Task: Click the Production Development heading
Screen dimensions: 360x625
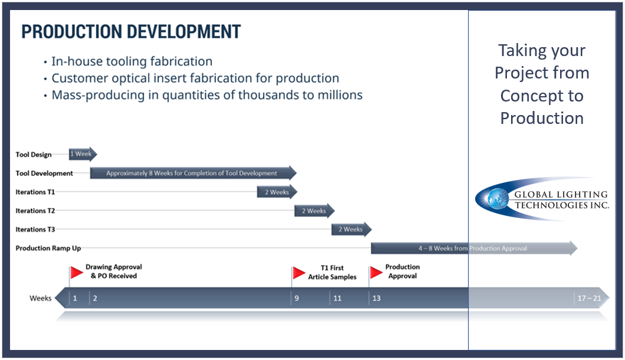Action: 131,32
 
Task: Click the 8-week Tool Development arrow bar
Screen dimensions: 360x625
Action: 192,173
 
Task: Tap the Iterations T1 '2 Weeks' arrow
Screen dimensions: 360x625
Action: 276,192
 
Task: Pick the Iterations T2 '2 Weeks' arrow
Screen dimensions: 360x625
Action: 314,211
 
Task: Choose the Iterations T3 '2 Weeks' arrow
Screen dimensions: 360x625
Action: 351,230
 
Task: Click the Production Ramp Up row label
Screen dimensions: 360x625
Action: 48,248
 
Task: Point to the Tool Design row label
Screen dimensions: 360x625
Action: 34,155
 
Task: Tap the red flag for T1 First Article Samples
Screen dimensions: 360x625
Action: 299,273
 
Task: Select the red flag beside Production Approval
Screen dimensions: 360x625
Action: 376,272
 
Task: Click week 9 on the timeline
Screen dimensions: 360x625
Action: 297,298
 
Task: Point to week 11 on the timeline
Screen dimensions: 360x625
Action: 337,298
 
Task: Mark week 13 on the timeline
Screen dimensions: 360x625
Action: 377,298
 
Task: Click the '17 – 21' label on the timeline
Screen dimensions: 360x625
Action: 589,298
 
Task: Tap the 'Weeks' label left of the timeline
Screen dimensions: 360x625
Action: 41,298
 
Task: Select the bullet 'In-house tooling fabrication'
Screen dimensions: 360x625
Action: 132,61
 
